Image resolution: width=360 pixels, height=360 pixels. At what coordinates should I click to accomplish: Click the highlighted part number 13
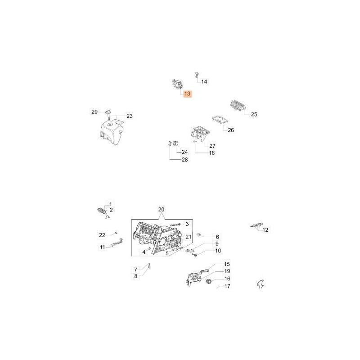[187, 94]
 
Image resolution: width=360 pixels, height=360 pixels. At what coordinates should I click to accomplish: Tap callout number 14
[204, 82]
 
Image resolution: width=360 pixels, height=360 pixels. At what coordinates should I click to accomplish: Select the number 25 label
[254, 114]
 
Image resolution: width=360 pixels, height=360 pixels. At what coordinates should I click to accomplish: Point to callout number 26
[231, 130]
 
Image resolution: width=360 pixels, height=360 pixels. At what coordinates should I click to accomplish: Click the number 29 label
[94, 112]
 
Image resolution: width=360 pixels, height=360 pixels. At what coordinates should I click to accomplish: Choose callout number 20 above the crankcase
[162, 210]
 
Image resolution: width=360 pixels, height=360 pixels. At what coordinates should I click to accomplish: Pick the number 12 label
[265, 230]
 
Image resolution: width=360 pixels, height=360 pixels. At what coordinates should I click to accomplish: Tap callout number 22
[102, 235]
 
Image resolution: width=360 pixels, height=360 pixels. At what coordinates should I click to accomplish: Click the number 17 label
[227, 286]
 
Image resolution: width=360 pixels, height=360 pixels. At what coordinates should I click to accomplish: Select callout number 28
[184, 160]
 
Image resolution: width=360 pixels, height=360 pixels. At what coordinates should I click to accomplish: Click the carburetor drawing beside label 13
[175, 84]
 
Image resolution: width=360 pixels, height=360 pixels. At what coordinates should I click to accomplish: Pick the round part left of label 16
[209, 282]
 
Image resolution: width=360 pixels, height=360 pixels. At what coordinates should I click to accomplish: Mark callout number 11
[102, 247]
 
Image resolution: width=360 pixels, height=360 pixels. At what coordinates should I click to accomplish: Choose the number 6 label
[217, 237]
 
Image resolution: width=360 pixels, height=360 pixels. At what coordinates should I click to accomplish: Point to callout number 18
[211, 153]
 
